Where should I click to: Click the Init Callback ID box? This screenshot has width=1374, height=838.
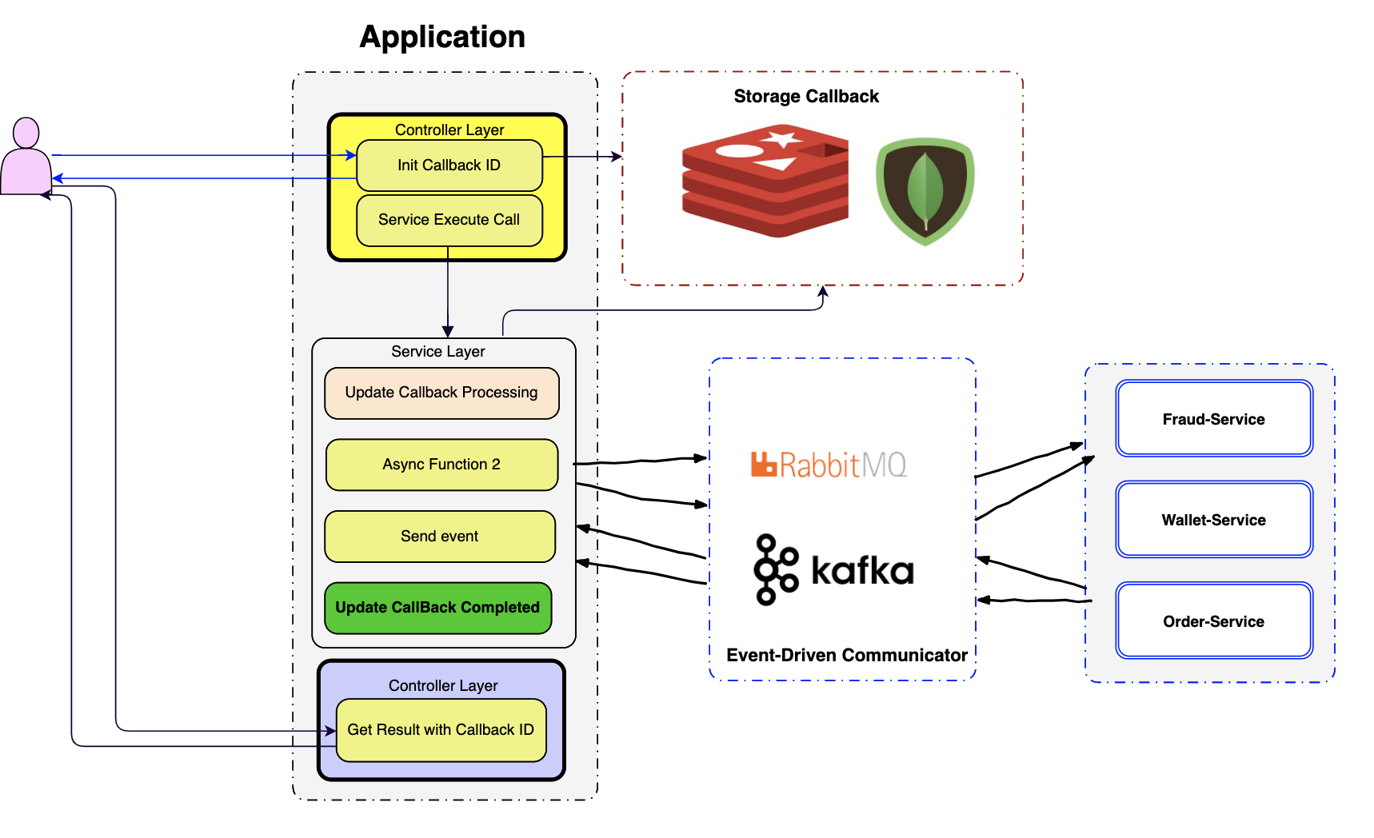point(449,166)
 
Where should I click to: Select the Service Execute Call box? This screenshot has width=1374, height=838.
point(449,220)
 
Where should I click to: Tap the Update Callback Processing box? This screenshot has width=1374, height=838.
point(441,393)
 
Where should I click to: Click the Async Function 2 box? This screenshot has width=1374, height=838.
point(441,465)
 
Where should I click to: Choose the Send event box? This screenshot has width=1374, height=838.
point(440,537)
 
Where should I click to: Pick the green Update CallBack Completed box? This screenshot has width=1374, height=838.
point(437,608)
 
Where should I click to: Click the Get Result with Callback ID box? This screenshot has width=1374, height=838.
point(441,730)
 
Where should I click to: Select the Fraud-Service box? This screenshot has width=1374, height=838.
point(1213,419)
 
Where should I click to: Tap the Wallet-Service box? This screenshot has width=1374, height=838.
point(1213,520)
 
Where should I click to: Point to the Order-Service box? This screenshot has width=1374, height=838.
point(1213,621)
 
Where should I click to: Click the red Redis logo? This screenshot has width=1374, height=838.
point(765,181)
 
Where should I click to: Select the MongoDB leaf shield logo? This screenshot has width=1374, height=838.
point(925,191)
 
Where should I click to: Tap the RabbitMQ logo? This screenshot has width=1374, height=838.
point(829,465)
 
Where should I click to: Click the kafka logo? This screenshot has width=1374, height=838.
point(833,569)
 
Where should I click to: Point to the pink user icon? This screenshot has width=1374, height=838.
point(26,157)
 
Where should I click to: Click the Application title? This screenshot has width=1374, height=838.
point(442,37)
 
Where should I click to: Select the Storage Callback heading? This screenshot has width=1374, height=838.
point(806,97)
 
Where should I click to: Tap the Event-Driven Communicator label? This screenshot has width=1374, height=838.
point(847,656)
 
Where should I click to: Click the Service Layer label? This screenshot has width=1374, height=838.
point(437,352)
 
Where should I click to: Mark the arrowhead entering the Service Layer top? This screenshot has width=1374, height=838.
point(448,332)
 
